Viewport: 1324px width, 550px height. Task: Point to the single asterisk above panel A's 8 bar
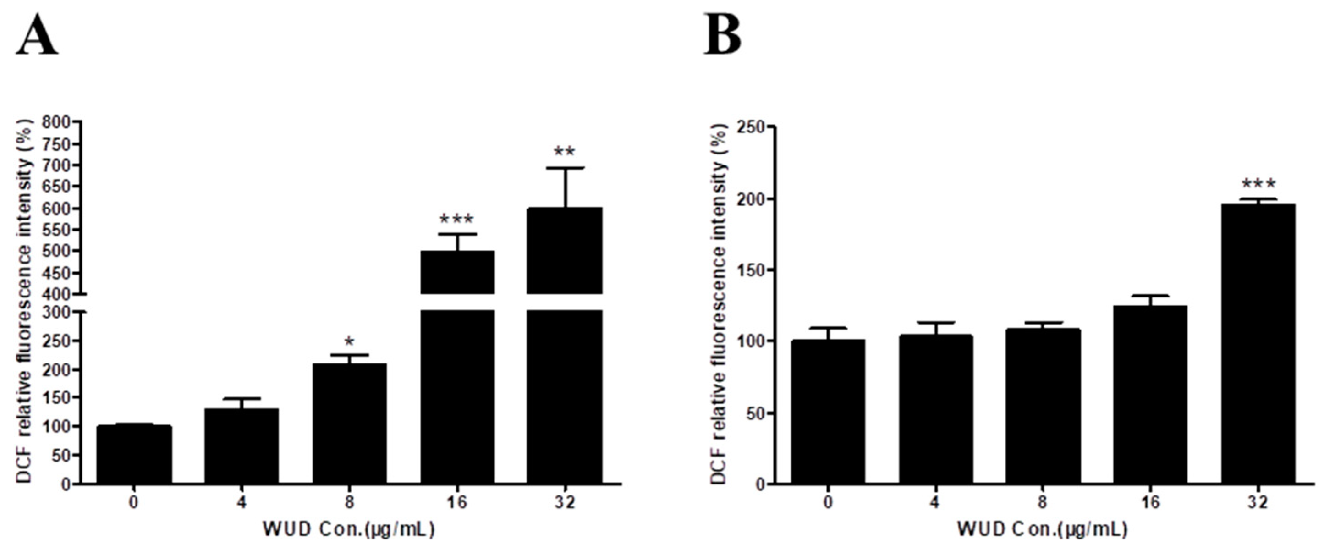[350, 341]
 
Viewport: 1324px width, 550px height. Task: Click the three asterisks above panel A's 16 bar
[456, 220]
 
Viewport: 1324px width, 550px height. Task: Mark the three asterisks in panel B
[1258, 183]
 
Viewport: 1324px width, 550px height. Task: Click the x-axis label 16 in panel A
[457, 502]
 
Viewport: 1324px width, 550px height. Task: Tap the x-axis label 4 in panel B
[935, 502]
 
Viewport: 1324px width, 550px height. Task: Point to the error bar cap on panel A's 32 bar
[565, 168]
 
